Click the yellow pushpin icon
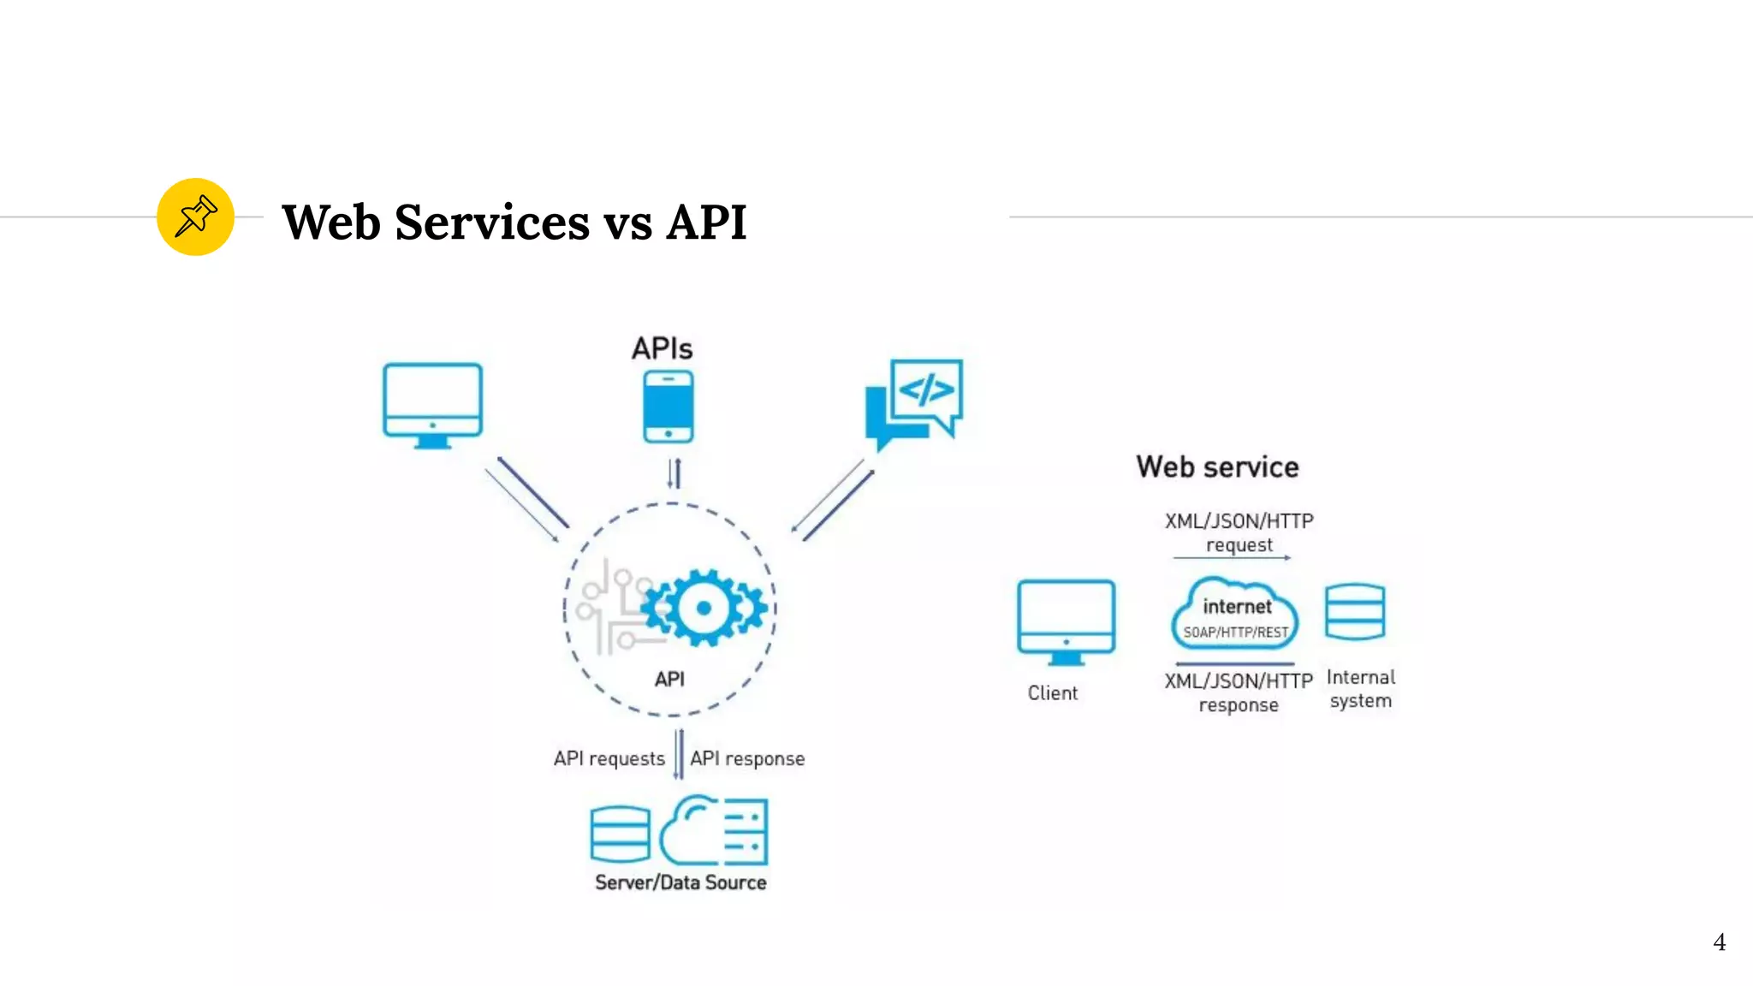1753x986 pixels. click(195, 217)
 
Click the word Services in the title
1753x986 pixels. click(492, 223)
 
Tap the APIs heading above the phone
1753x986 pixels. click(662, 348)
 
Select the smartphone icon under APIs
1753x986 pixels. click(669, 407)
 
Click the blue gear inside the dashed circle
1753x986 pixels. click(704, 608)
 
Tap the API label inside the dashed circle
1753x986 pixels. click(669, 679)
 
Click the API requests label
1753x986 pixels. click(609, 758)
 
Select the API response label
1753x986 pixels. click(747, 758)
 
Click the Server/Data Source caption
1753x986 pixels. click(680, 882)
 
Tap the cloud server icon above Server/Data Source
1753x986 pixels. click(715, 830)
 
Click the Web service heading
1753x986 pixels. click(1217, 466)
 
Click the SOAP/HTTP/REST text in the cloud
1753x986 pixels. click(1235, 633)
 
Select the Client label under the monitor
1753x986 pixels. click(1053, 693)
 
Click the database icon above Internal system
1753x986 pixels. click(1354, 611)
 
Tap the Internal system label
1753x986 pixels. click(1360, 689)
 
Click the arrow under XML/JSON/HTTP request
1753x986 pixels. click(1232, 558)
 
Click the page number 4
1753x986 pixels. click(1719, 942)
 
